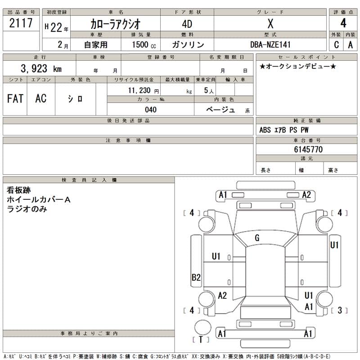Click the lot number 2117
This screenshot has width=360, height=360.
(21, 24)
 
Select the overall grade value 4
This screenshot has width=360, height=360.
(343, 24)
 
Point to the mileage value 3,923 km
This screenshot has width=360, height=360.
(41, 69)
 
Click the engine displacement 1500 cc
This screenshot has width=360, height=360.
(144, 45)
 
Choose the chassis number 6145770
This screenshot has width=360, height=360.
(308, 149)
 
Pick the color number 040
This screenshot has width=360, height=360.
(151, 109)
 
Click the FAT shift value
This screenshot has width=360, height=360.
(15, 99)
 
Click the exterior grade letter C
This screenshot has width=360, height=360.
(336, 45)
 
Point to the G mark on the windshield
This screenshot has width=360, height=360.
(257, 238)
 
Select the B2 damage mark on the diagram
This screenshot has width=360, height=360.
(196, 278)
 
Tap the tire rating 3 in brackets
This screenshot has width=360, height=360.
(340, 310)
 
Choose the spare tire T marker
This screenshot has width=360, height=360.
(201, 339)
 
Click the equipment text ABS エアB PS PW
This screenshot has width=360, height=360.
(284, 130)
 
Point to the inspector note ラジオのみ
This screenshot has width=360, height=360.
(27, 209)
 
